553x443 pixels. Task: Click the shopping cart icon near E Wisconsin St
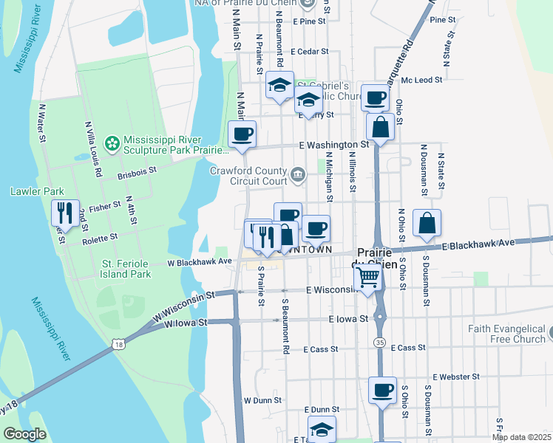click(x=367, y=278)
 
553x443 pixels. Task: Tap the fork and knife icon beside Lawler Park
click(x=65, y=213)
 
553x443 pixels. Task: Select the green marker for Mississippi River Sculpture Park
click(x=112, y=142)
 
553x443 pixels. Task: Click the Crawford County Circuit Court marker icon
click(x=297, y=175)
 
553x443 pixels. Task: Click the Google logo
click(x=25, y=434)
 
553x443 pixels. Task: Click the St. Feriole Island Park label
click(x=126, y=268)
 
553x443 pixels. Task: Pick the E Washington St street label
click(x=333, y=145)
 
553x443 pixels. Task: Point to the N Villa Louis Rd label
click(x=92, y=148)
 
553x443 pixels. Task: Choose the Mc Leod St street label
click(x=422, y=79)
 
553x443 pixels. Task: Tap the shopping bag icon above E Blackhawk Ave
click(x=427, y=222)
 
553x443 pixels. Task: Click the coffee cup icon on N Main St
click(x=242, y=134)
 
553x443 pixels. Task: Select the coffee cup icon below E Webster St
click(x=382, y=390)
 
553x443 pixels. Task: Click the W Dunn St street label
click(x=262, y=399)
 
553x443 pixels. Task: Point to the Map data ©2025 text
click(x=520, y=437)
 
